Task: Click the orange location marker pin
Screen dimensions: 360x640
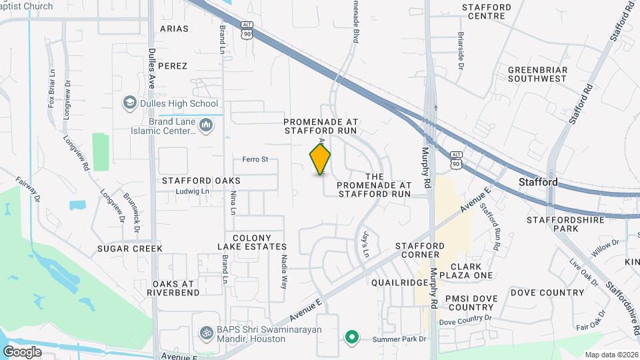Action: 321,159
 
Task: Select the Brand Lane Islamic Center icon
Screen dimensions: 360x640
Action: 206,125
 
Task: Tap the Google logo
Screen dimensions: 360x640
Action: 22,351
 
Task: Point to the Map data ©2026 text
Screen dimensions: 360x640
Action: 611,355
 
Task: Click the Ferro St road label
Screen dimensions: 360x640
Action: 255,159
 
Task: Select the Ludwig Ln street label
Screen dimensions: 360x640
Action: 193,191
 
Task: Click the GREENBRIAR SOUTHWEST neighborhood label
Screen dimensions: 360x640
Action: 537,74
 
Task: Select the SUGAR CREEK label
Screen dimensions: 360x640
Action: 129,249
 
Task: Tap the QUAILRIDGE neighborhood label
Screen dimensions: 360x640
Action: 400,282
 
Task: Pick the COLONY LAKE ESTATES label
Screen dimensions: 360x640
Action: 260,243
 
